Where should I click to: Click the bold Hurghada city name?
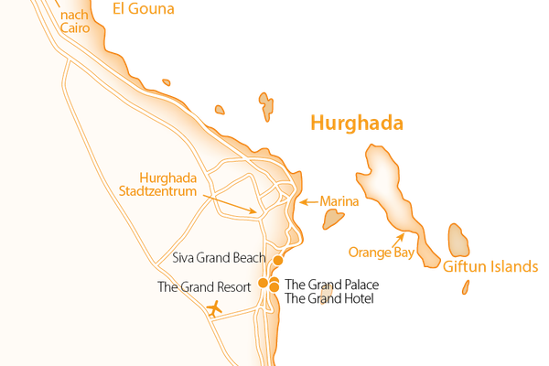[357, 124]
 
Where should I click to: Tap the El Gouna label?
[144, 10]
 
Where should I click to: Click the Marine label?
[338, 201]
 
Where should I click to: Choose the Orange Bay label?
[382, 252]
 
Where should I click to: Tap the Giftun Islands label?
[489, 267]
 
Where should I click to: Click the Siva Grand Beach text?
[219, 259]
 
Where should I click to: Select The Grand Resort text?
[204, 286]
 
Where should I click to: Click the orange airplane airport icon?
[215, 308]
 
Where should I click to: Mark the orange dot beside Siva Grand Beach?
[278, 260]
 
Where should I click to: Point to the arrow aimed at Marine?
[307, 201]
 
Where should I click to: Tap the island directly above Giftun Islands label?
[457, 240]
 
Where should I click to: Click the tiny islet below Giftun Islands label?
[465, 287]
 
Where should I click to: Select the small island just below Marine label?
[332, 221]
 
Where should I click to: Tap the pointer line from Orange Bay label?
[399, 240]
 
